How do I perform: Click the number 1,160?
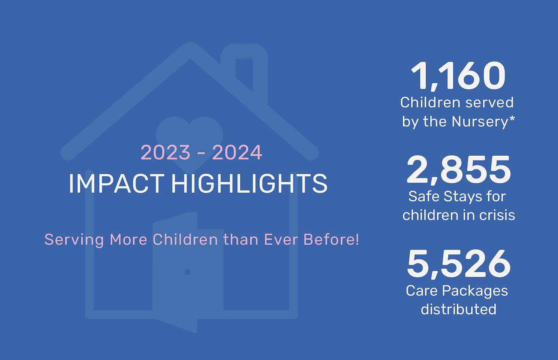(x=458, y=76)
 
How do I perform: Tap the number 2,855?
(x=459, y=170)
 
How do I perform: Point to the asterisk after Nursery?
(x=512, y=119)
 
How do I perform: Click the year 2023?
(x=166, y=152)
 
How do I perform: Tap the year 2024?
(x=237, y=152)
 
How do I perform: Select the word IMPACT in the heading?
(x=116, y=184)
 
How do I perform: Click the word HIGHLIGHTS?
(x=249, y=184)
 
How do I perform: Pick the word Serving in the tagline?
(x=74, y=240)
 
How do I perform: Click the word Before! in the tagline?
(x=331, y=240)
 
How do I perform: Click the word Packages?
(x=475, y=291)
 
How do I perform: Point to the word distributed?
(x=459, y=309)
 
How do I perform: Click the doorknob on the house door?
(x=188, y=272)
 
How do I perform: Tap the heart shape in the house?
(x=189, y=140)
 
